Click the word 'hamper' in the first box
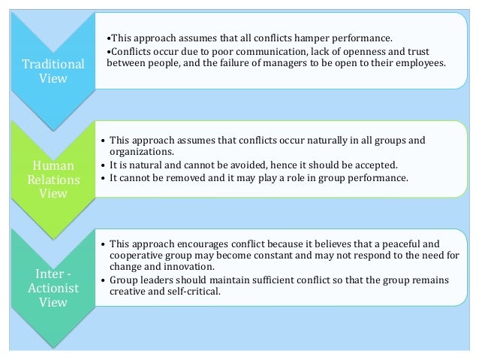tap(312, 38)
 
